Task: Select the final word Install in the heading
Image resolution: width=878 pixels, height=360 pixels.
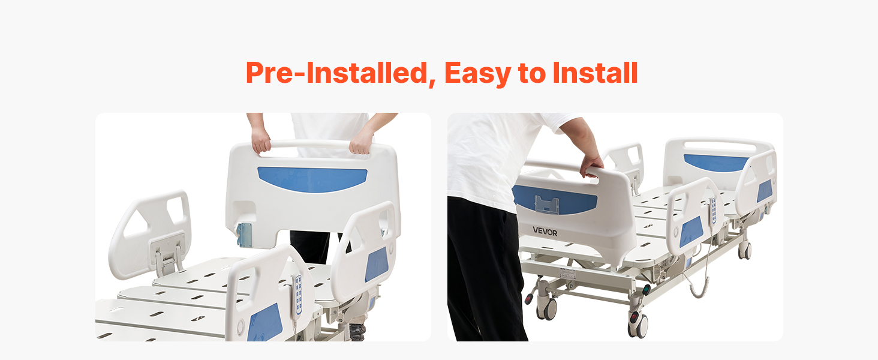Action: click(594, 73)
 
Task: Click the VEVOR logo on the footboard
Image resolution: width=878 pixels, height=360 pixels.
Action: click(545, 230)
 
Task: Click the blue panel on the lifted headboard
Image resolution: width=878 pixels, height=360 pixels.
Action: click(312, 179)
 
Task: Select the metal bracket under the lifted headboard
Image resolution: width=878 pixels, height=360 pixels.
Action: click(245, 235)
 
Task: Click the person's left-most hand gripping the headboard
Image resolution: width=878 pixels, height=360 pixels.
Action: click(261, 142)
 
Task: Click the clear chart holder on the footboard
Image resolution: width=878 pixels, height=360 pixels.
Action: click(548, 205)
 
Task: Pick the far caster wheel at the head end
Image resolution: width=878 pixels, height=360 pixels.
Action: click(745, 249)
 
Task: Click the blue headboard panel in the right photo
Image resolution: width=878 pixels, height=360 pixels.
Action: click(716, 163)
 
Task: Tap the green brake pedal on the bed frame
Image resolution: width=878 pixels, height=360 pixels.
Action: click(647, 290)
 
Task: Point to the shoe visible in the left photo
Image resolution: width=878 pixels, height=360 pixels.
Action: click(356, 332)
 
